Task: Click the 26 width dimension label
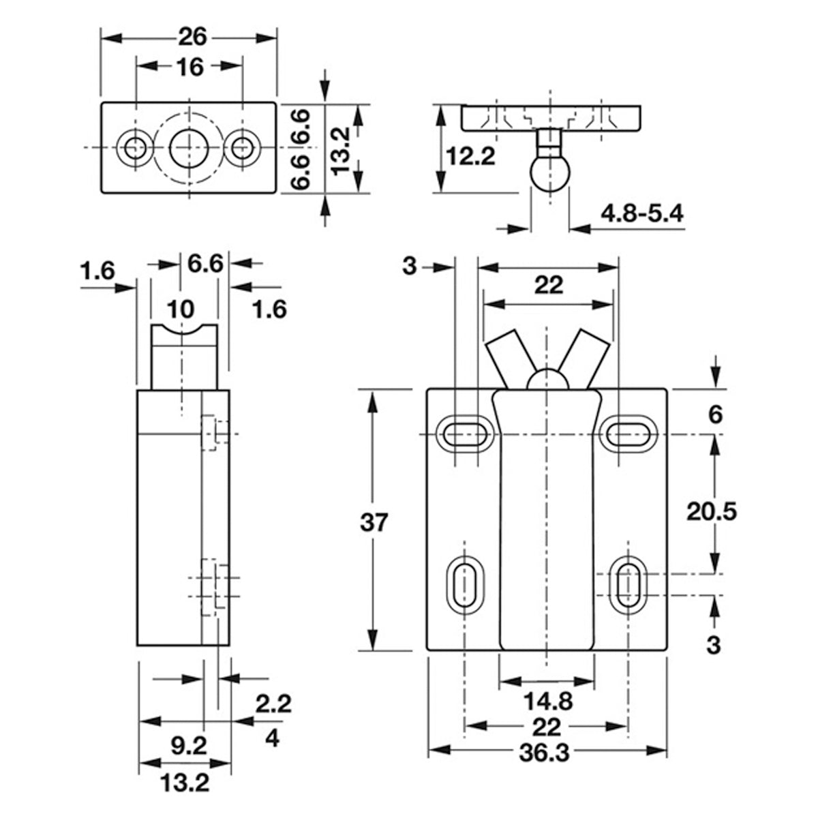click(x=190, y=35)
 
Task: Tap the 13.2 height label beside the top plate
click(x=341, y=147)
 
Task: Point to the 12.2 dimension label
click(x=470, y=157)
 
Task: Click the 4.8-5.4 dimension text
click(x=641, y=214)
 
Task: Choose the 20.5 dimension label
click(x=712, y=511)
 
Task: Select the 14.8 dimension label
click(x=547, y=701)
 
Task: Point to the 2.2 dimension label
click(x=273, y=703)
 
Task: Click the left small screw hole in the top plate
click(x=134, y=147)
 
